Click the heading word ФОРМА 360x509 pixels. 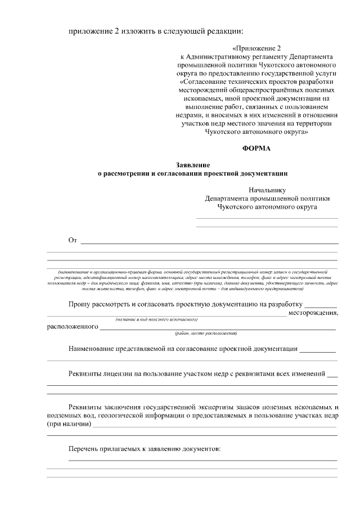(x=256, y=148)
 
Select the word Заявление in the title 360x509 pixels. (x=192, y=166)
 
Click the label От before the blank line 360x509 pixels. (x=72, y=241)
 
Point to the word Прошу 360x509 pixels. (x=80, y=304)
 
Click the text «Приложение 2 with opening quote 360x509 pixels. (x=255, y=49)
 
